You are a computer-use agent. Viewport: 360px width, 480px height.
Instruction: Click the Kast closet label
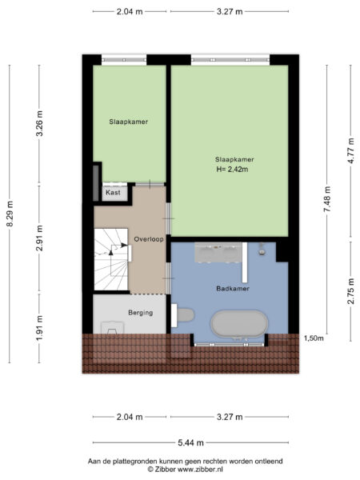coord(113,193)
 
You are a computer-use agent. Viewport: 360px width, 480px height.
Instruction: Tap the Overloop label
coord(149,239)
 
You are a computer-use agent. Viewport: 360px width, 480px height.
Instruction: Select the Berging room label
coord(141,313)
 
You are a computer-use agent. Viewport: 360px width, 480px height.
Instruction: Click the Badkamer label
coord(233,288)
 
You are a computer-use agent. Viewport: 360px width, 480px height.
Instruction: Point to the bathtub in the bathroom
coord(240,325)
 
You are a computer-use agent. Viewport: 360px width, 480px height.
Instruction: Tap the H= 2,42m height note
coord(232,169)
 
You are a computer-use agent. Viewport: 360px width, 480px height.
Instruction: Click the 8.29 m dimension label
coord(10,214)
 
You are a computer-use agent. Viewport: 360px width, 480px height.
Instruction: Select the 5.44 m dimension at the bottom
coord(190,442)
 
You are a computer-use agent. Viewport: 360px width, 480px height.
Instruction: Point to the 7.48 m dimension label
coord(327,199)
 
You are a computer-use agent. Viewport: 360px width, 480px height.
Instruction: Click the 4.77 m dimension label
coord(351,151)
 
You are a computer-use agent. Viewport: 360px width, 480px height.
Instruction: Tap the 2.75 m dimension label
coord(351,291)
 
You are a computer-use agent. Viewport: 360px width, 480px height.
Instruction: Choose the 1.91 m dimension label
coord(39,328)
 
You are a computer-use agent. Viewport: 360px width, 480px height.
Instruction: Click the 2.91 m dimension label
coord(39,238)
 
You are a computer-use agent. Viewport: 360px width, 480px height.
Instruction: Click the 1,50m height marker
coord(314,338)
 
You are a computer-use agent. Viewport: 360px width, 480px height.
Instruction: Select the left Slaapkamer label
coord(129,122)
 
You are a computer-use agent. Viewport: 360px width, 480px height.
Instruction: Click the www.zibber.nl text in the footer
coord(201,469)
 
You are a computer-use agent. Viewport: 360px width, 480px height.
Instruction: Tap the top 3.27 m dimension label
coord(230,12)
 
